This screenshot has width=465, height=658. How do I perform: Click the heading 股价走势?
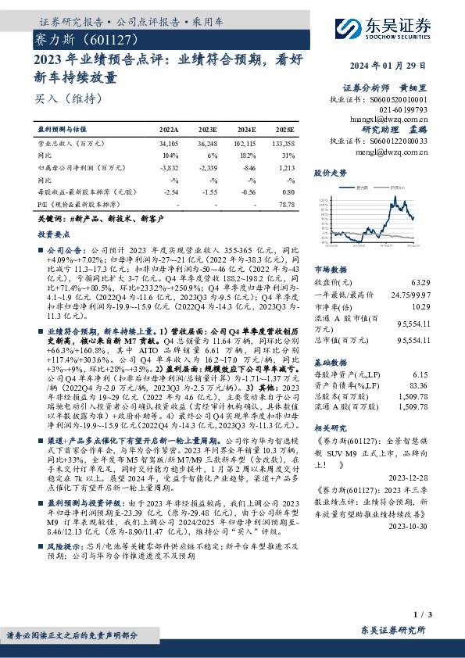[329, 173]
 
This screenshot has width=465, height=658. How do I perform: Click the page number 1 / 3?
[421, 617]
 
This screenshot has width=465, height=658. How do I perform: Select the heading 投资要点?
[51, 234]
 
